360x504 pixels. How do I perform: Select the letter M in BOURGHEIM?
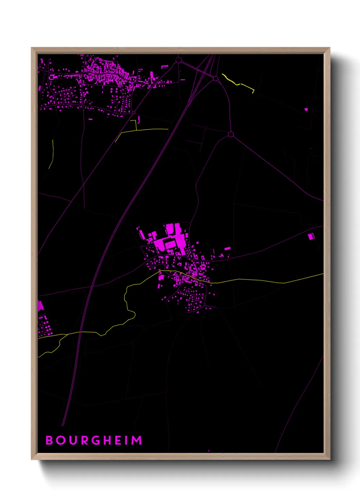[137, 440]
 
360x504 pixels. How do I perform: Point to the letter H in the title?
[108, 440]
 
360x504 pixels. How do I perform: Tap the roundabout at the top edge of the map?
[179, 60]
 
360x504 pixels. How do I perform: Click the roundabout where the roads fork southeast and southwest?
[230, 134]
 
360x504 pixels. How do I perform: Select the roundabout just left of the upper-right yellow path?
[215, 78]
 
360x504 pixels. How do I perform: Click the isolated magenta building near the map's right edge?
[311, 236]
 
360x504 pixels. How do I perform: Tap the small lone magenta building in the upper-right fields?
[306, 109]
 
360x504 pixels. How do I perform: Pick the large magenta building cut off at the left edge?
[40, 305]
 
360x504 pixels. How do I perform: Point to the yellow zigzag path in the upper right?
[238, 83]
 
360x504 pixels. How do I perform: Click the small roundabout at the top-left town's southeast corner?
[134, 113]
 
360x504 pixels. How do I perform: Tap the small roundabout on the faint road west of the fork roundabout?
[206, 128]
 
